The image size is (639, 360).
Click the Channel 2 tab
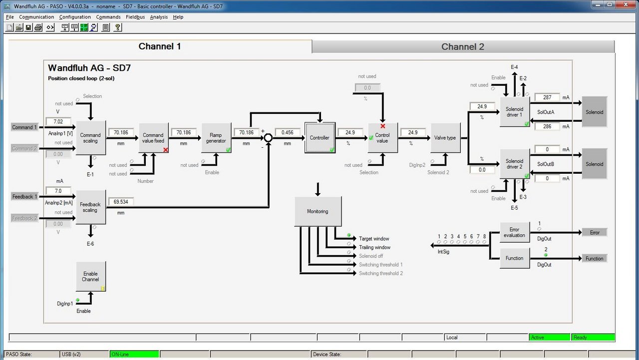pyautogui.click(x=463, y=46)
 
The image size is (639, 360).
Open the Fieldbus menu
pyautogui.click(x=135, y=17)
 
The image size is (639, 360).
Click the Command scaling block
pyautogui.click(x=91, y=138)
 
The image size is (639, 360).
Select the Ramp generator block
pyautogui.click(x=216, y=138)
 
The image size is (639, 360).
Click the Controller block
pyautogui.click(x=320, y=138)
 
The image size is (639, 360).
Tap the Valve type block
pyautogui.click(x=445, y=138)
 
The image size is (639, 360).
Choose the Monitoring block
pyautogui.click(x=318, y=211)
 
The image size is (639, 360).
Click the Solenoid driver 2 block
pyautogui.click(x=515, y=164)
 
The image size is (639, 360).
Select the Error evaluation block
pyautogui.click(x=515, y=233)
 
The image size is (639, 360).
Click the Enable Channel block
pyautogui.click(x=91, y=277)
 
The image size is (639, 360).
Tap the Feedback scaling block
pyautogui.click(x=91, y=207)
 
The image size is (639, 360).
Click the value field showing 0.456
pyautogui.click(x=287, y=132)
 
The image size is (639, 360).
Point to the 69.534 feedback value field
pyautogui.click(x=121, y=202)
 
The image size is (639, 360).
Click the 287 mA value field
pyautogui.click(x=547, y=97)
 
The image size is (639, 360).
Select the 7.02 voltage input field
pyautogui.click(x=58, y=121)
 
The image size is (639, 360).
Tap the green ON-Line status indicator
pyautogui.click(x=134, y=355)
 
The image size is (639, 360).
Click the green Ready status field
pyautogui.click(x=593, y=338)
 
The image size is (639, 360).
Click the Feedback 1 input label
pyautogui.click(x=24, y=197)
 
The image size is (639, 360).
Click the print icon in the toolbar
pyautogui.click(x=38, y=27)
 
